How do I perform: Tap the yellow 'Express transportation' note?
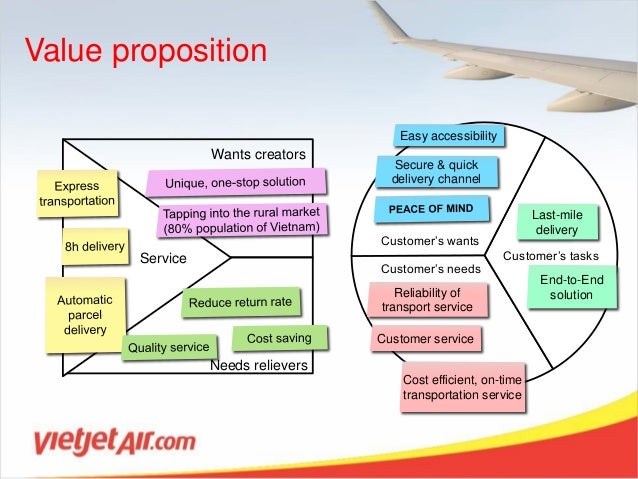coord(77,194)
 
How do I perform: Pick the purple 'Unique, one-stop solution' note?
coord(236,182)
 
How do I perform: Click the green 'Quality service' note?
coord(168,347)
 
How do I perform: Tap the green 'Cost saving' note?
coord(279,339)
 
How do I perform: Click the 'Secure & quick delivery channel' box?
coord(436,172)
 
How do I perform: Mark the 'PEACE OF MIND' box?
coord(431,209)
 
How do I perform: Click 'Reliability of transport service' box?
coord(426,299)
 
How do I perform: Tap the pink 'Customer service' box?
coord(425,339)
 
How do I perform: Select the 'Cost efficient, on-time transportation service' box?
coord(461,387)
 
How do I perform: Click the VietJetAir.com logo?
coord(114,441)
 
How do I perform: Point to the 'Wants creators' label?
coord(257,154)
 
